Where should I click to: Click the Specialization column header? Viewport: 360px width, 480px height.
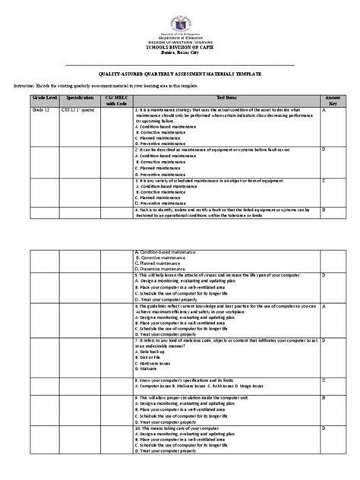pos(79,99)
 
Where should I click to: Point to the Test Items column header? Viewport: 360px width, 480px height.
pos(227,99)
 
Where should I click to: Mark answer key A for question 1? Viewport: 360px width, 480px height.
pos(324,110)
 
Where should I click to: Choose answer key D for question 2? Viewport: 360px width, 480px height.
pos(324,150)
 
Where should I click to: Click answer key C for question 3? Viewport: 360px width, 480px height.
pos(324,181)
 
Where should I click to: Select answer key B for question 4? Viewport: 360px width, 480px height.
pos(324,208)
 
